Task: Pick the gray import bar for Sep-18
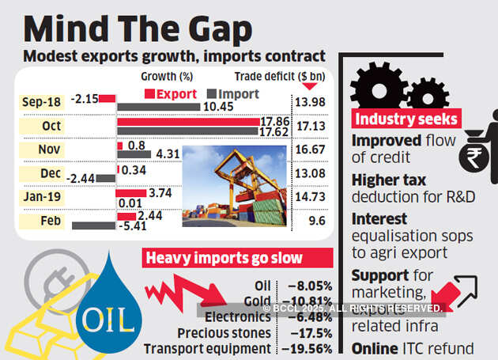click(x=158, y=107)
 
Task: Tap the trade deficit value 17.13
click(x=311, y=125)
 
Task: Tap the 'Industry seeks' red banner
click(x=405, y=119)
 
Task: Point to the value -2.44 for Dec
click(x=82, y=179)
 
